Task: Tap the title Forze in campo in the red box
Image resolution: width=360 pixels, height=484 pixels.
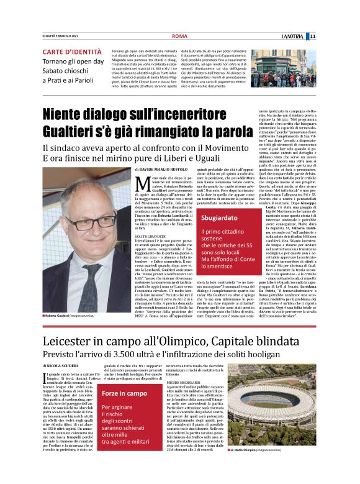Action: coord(124,393)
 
